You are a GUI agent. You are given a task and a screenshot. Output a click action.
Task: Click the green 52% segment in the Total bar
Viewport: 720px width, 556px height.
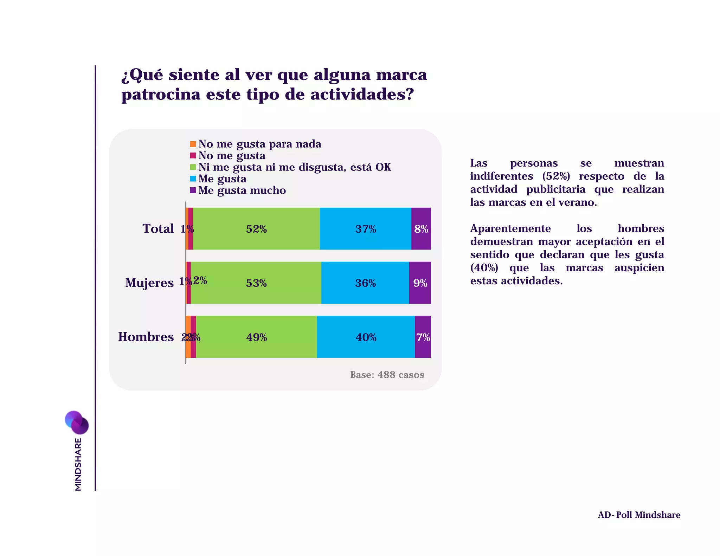point(256,229)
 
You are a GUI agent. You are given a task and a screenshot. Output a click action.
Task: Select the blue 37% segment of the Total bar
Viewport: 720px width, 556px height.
point(365,229)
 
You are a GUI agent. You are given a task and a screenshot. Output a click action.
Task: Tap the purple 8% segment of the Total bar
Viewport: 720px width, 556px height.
point(421,229)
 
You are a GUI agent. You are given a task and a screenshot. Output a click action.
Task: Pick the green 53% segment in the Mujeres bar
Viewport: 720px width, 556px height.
point(256,283)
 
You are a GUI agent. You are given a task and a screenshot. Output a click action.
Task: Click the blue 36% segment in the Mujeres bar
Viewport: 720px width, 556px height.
point(365,283)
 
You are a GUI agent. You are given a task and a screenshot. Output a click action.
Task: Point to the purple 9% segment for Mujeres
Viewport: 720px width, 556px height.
point(420,283)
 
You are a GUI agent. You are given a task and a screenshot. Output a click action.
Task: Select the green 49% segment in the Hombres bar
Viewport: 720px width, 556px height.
point(256,337)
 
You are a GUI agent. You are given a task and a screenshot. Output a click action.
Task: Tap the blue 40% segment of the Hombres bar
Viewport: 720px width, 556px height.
point(366,337)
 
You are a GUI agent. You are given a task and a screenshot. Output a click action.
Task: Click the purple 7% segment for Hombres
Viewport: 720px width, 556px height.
point(423,337)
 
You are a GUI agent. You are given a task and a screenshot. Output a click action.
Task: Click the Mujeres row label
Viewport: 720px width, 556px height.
point(149,283)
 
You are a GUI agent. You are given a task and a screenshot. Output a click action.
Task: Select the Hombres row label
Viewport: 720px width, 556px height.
point(146,337)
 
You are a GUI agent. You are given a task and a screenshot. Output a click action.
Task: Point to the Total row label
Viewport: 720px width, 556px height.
point(158,229)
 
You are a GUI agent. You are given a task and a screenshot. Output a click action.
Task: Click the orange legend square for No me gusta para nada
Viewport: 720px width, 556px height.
point(193,144)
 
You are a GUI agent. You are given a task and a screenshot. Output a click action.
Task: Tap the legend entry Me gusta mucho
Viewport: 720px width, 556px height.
point(242,190)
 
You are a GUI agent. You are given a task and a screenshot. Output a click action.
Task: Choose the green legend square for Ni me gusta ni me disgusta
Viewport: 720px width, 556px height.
point(193,167)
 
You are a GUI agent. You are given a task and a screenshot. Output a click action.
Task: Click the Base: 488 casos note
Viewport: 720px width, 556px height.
point(387,375)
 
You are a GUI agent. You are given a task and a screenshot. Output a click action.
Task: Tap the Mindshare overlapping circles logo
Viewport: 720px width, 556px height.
point(77,422)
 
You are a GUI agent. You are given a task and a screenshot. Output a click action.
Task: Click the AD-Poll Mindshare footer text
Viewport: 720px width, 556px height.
point(639,515)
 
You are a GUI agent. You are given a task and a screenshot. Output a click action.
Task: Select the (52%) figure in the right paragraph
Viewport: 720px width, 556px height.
point(556,176)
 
